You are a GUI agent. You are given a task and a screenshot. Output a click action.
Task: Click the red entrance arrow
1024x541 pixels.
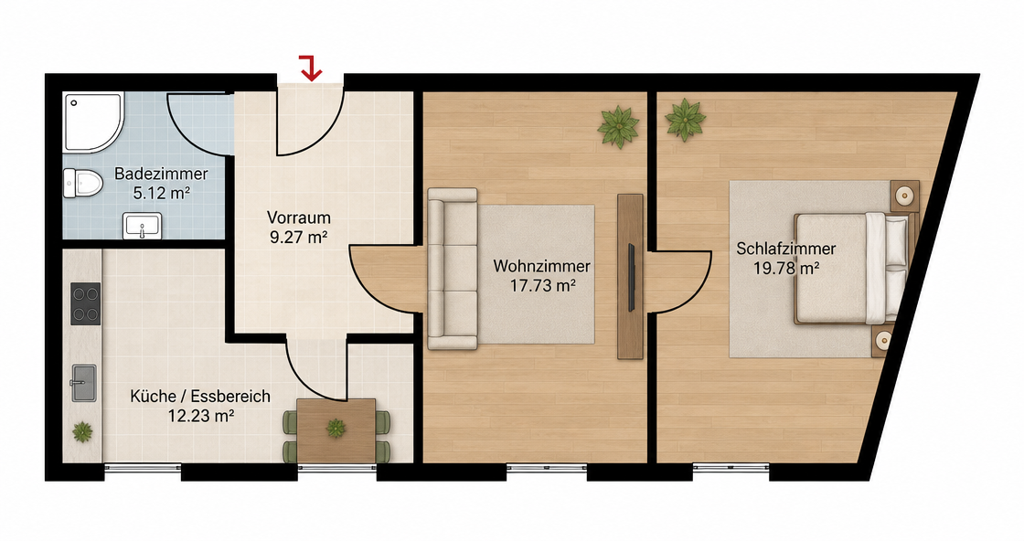coord(312,69)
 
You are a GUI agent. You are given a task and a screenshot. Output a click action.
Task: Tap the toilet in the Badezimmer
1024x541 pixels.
coord(82,183)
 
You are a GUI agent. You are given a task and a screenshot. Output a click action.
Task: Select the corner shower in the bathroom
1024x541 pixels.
coord(92,122)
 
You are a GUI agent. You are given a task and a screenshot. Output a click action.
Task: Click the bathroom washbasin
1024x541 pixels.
coord(143,226)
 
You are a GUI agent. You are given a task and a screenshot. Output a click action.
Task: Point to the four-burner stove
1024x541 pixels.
coord(86,303)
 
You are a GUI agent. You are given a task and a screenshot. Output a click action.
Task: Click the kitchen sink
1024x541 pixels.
coord(83,383)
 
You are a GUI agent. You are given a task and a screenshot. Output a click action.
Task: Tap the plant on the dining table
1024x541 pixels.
coord(336,428)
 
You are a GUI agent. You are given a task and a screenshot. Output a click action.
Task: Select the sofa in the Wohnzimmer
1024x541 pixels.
coord(452,269)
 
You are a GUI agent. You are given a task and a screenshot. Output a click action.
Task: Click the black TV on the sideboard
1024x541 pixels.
coord(632,277)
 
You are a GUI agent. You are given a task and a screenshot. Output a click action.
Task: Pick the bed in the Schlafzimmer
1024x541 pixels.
coord(851,268)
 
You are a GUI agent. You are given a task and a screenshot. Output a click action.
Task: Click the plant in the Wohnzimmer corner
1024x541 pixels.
coord(618,127)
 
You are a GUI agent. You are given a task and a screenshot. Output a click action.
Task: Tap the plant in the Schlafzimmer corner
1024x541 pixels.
coord(685,120)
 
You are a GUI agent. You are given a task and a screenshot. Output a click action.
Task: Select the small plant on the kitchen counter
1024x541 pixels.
coord(82,431)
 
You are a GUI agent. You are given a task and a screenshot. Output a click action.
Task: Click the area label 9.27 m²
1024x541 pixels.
coord(298,237)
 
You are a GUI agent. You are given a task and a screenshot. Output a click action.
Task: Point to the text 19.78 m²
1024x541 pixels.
coord(786,269)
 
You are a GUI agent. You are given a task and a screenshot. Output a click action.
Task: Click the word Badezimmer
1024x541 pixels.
coord(161,175)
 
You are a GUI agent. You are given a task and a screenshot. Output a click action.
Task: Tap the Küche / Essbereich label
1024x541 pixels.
coord(200,396)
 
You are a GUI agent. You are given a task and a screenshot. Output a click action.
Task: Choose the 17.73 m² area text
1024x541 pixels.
coord(542,285)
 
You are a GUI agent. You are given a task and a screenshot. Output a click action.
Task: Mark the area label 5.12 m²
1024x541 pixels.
coord(161,193)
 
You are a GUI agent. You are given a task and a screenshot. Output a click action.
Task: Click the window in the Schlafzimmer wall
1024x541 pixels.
coord(731,467)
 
